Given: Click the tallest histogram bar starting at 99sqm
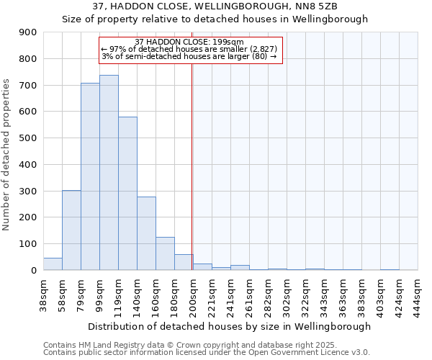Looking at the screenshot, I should [x=109, y=173].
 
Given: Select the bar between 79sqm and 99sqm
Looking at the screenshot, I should [x=90, y=176].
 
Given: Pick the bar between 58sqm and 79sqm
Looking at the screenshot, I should [x=71, y=230].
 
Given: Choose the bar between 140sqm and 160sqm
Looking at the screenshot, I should [x=146, y=233].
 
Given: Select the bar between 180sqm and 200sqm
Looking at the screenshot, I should [x=184, y=263].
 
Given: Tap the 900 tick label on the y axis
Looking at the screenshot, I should [x=27, y=32].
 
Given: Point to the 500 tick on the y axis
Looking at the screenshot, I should [x=27, y=138].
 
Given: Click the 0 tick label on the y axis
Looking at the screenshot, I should [x=33, y=270].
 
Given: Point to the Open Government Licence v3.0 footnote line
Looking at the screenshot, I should [x=207, y=353].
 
